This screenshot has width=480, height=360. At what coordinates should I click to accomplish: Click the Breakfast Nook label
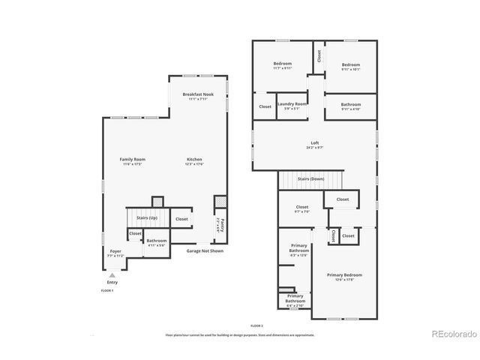click(x=198, y=94)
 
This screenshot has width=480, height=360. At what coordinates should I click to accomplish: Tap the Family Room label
click(x=133, y=159)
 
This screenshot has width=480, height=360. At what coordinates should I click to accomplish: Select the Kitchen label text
click(x=194, y=159)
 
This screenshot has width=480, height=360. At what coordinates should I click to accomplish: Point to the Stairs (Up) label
click(x=147, y=217)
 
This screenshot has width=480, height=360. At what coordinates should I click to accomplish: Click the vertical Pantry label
click(x=221, y=225)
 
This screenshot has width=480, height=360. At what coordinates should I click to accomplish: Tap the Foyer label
click(x=115, y=251)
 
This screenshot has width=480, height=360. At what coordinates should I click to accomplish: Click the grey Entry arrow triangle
click(x=112, y=275)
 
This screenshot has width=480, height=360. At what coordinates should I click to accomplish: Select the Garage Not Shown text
click(x=205, y=251)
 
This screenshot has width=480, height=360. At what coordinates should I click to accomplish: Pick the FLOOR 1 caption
click(x=107, y=289)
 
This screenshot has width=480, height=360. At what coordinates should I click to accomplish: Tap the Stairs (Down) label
click(x=310, y=179)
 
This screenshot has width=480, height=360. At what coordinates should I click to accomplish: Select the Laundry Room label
click(x=291, y=103)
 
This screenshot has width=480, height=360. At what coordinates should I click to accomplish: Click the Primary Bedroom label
click(x=345, y=275)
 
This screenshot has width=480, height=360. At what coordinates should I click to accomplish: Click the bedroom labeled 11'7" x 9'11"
click(x=282, y=64)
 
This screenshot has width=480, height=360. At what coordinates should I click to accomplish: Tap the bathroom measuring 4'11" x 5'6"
click(x=157, y=241)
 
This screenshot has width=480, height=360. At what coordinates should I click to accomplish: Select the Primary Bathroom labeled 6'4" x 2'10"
click(x=295, y=298)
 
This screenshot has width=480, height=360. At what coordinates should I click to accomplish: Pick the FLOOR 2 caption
click(x=257, y=325)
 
